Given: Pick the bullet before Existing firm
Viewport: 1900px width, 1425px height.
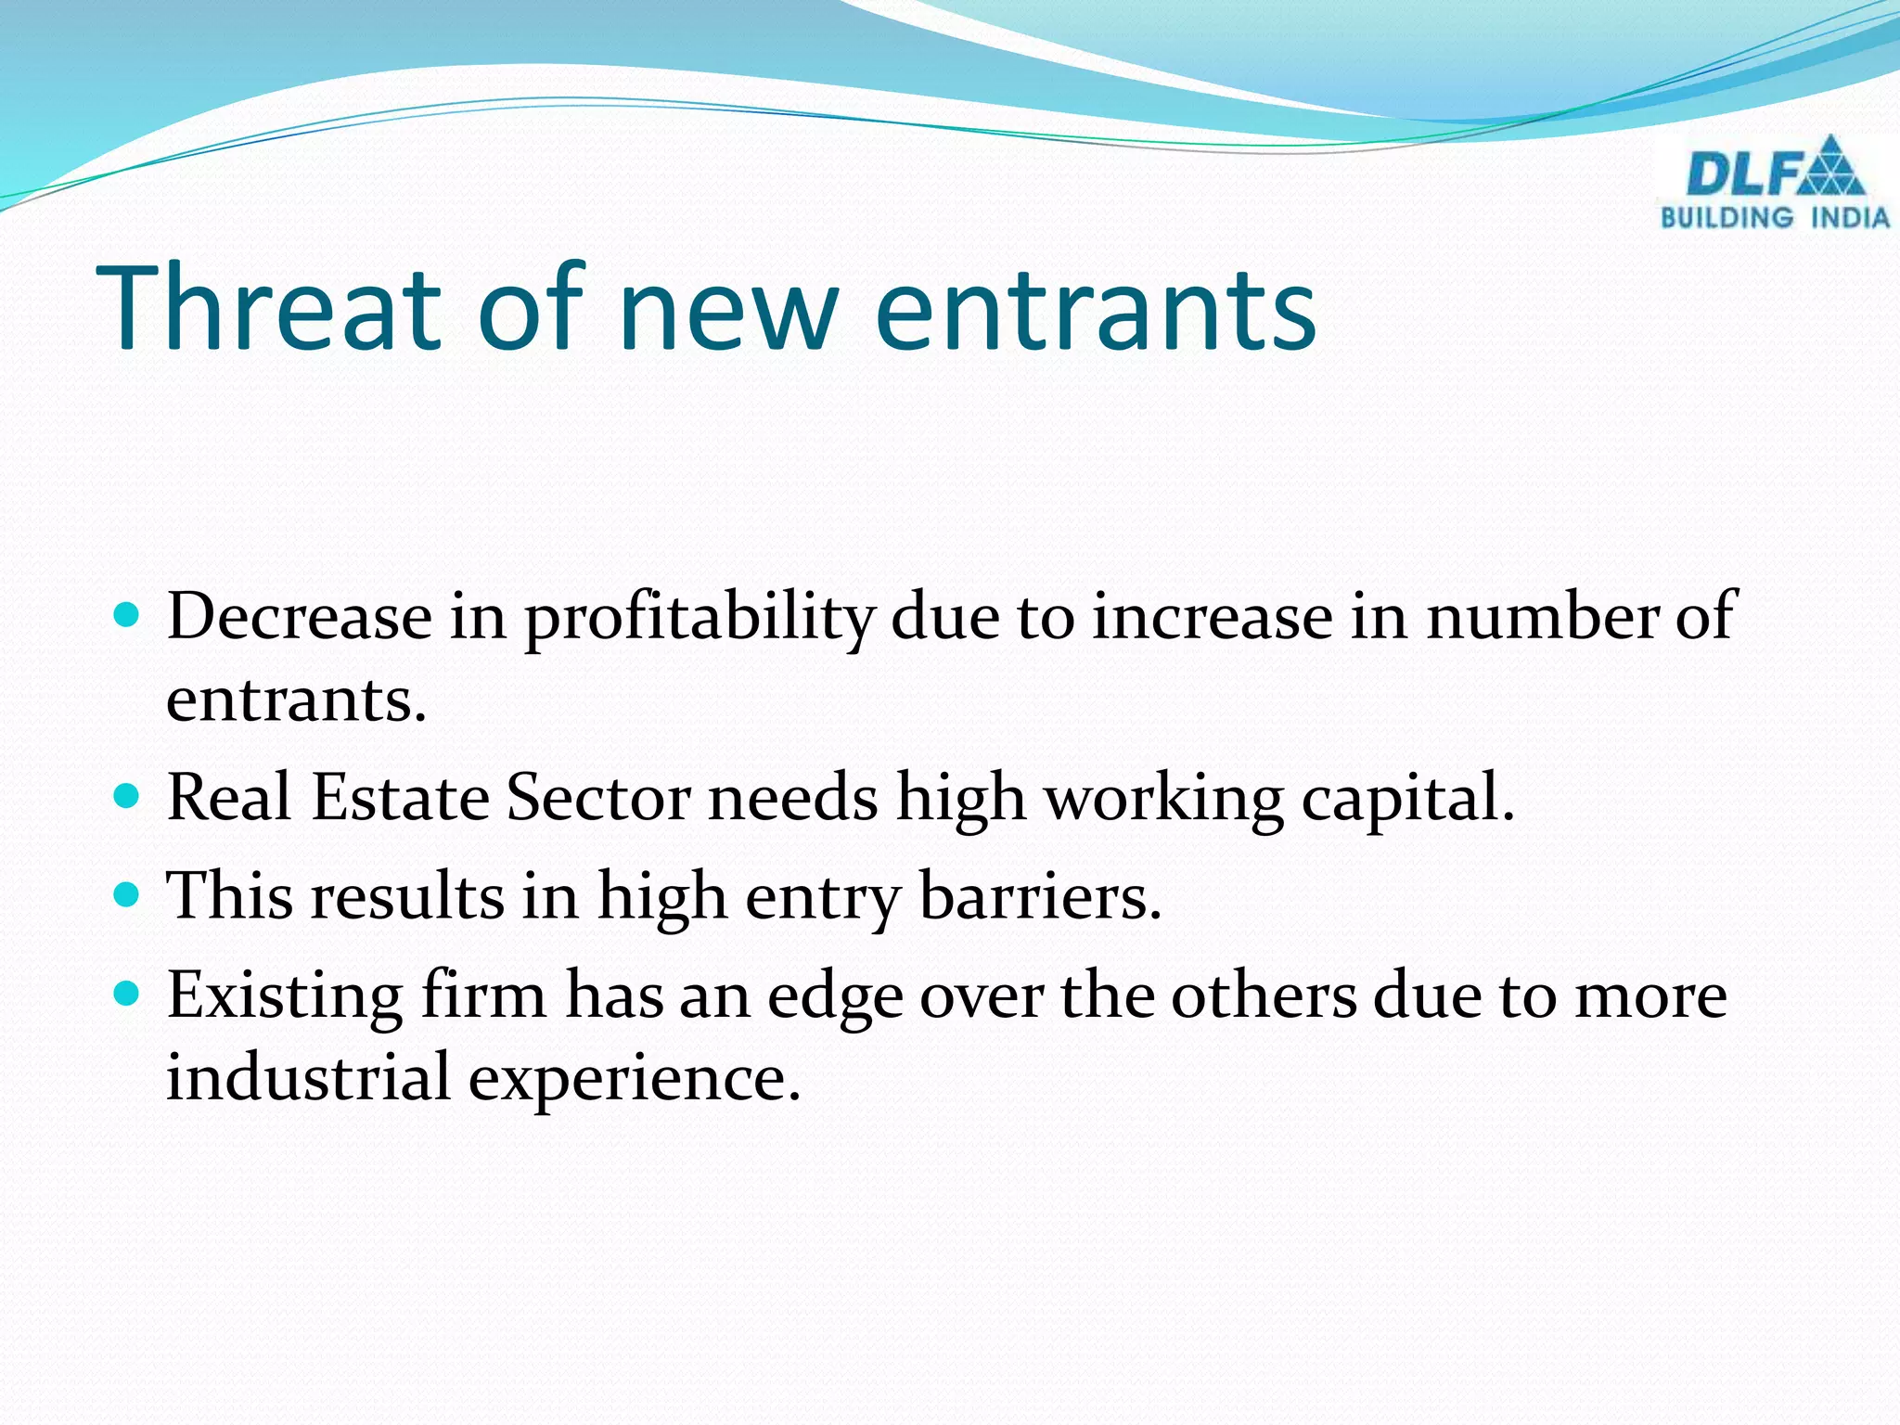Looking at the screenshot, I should [x=126, y=994].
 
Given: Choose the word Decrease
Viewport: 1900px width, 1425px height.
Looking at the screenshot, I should [x=299, y=616].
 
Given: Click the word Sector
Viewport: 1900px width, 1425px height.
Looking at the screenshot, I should [x=598, y=798].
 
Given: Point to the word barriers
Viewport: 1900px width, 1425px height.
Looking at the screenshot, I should [x=1040, y=896].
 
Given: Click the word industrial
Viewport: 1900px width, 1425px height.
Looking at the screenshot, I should [x=308, y=1078].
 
